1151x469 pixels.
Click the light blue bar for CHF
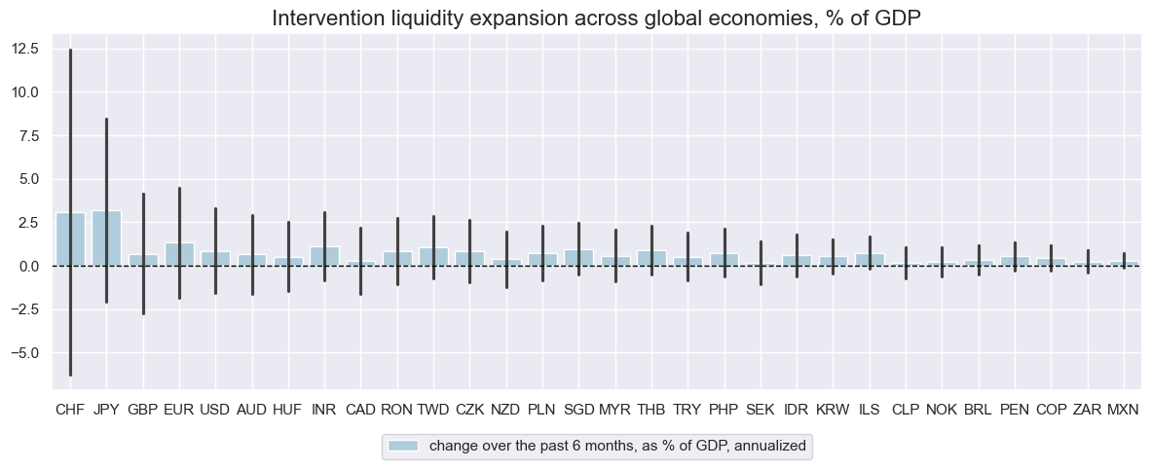coord(70,239)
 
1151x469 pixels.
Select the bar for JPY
coord(106,238)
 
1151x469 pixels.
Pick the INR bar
coord(324,256)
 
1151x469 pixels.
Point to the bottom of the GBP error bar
coord(143,313)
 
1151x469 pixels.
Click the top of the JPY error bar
coord(106,119)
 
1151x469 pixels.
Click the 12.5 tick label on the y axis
coord(25,49)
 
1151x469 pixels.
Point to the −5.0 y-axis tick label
coord(23,352)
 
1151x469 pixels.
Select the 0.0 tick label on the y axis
coord(28,266)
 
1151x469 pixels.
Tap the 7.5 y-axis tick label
coord(28,135)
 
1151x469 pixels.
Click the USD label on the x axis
coord(215,411)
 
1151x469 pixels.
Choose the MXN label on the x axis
coord(1124,411)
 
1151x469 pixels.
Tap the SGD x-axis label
coord(578,411)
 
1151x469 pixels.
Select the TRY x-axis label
coord(687,411)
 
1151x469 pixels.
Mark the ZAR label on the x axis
coord(1088,411)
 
